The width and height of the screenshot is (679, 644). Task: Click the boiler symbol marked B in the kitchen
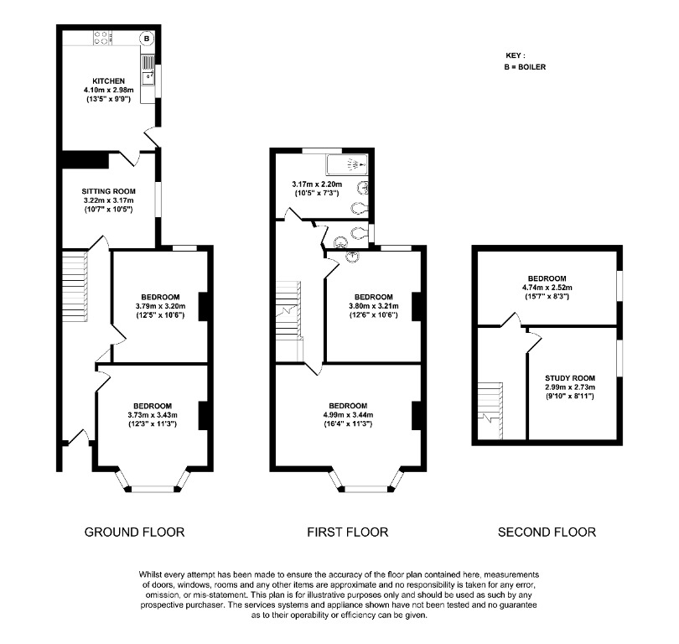point(147,38)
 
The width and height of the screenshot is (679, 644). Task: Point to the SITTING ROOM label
point(108,191)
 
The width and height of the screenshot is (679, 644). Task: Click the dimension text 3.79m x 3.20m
point(159,307)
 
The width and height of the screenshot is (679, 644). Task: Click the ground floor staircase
point(75,278)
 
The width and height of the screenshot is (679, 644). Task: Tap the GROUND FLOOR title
point(134,532)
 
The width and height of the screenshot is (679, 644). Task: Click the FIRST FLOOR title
point(348,532)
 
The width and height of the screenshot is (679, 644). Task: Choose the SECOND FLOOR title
point(547,532)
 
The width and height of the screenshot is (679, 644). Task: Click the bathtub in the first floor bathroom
point(345,164)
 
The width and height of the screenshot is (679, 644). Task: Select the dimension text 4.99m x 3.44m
point(347,414)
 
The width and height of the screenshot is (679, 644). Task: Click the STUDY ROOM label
point(570,377)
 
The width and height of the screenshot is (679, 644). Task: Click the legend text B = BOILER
point(525,66)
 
